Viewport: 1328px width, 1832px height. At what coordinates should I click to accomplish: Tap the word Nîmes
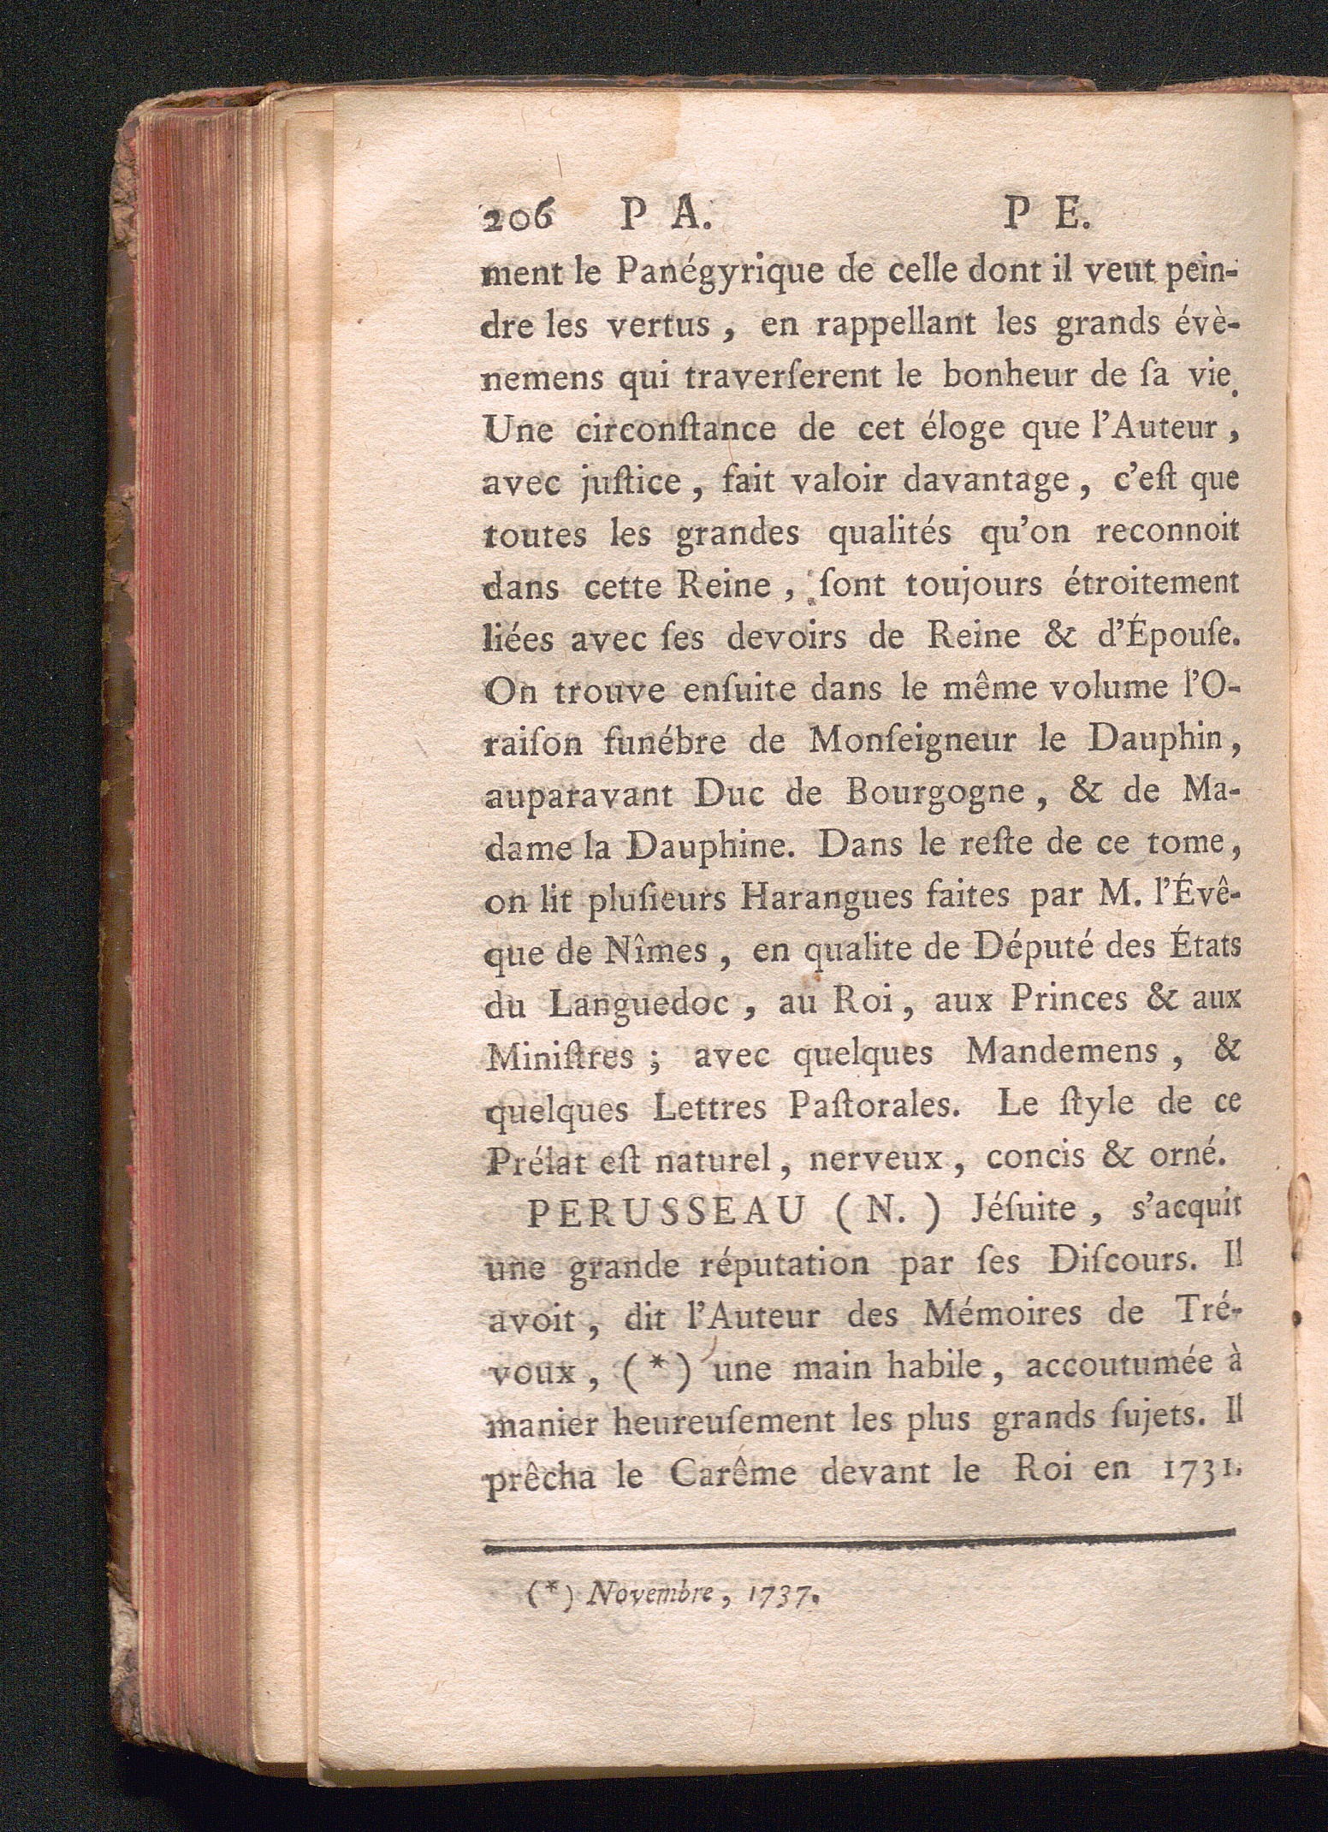click(656, 949)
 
